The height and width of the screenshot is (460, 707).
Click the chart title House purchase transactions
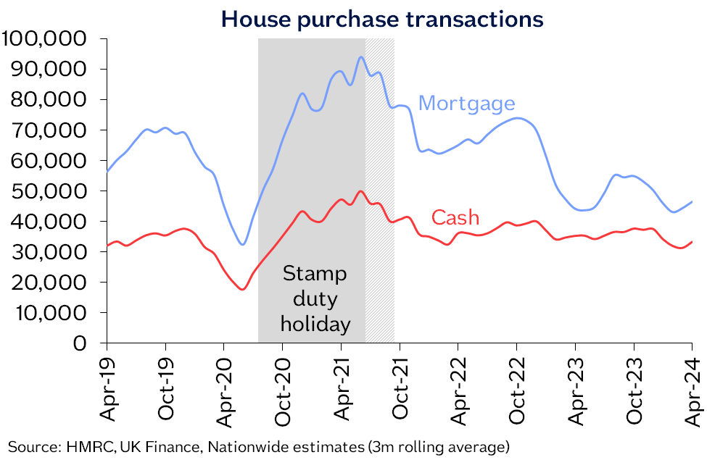coord(382,19)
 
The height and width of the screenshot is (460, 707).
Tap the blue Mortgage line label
coord(467,104)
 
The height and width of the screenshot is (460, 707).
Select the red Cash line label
coord(455,217)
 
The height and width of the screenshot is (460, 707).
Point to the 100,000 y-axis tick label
coord(45,38)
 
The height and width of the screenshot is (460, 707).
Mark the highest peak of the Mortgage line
coord(361,57)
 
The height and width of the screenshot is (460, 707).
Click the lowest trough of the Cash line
coord(242,289)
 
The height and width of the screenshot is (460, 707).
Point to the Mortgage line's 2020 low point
coord(243,244)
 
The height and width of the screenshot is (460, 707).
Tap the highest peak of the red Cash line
coord(360,191)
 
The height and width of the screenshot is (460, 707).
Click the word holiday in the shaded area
coord(315,323)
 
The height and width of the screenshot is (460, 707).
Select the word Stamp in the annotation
coord(315,274)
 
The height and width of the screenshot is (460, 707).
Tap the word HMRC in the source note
coord(80,446)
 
